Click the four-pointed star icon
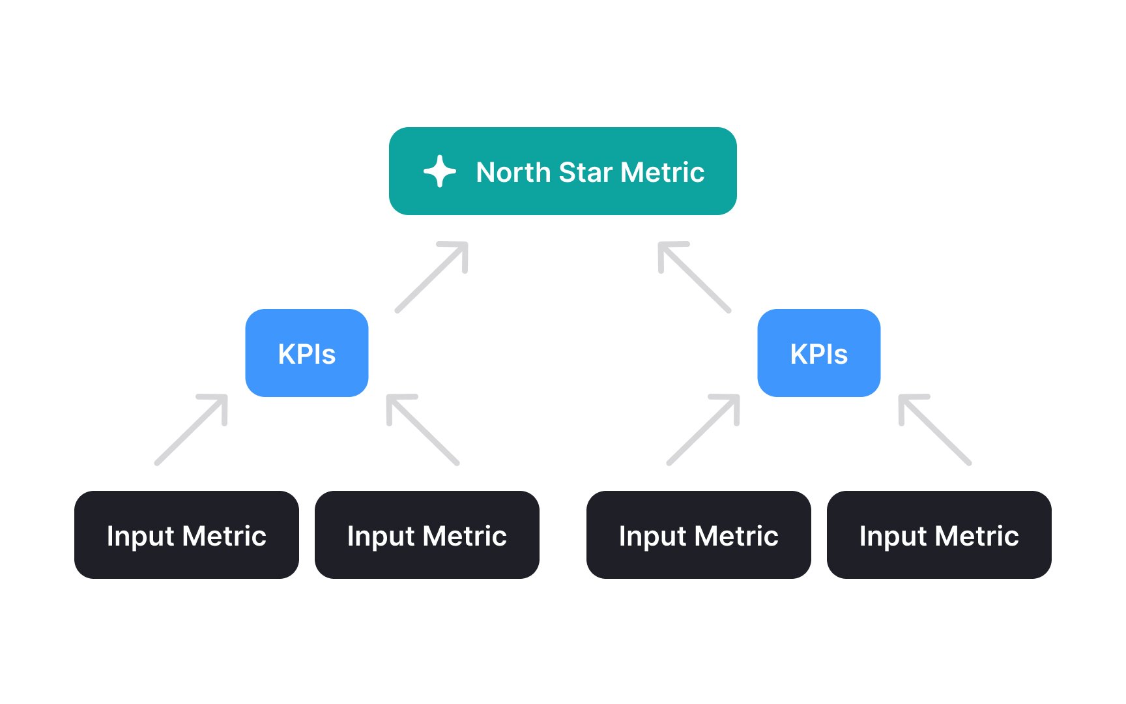click(x=440, y=171)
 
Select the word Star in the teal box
click(x=586, y=172)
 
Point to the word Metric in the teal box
click(x=663, y=172)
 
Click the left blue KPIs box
click(x=307, y=353)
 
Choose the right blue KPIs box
click(x=819, y=353)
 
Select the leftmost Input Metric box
click(x=186, y=535)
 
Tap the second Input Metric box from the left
click(x=427, y=535)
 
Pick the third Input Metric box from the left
click(x=699, y=535)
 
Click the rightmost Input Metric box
click(x=939, y=535)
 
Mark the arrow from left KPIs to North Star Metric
click(x=432, y=277)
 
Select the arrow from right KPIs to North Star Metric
click(x=695, y=277)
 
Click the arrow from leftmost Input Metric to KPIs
click(x=192, y=430)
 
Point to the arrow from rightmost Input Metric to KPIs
click(x=935, y=430)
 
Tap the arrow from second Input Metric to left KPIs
click(x=423, y=430)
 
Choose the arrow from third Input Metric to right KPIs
click(x=704, y=430)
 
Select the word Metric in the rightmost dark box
click(x=977, y=536)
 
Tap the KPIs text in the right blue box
click(x=819, y=354)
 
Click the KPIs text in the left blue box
click(x=307, y=354)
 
